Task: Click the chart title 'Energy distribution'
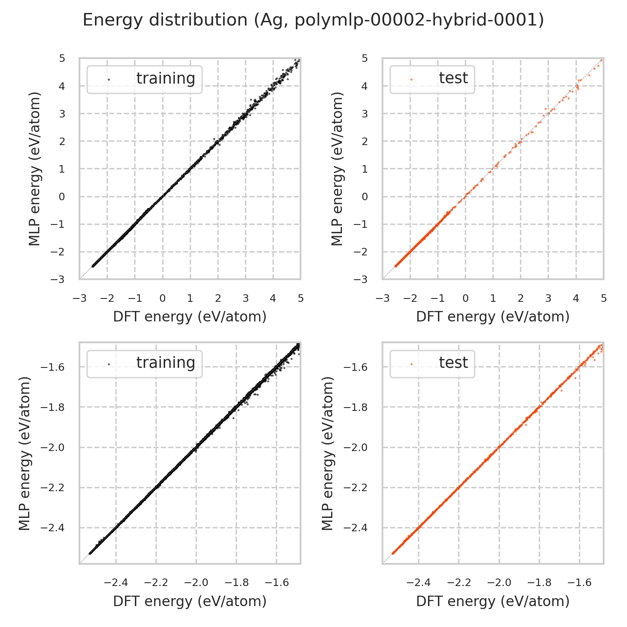click(313, 20)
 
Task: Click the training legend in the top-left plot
click(144, 79)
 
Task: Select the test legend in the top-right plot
click(432, 79)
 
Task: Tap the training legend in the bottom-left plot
click(144, 363)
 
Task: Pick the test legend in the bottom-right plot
click(432, 363)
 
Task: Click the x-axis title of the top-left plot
click(190, 317)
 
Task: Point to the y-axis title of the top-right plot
click(337, 168)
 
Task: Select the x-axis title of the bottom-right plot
click(493, 601)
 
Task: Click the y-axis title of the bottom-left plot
click(25, 453)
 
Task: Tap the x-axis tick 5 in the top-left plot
click(301, 298)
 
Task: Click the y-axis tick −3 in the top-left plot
click(61, 279)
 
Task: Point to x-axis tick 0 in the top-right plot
click(465, 298)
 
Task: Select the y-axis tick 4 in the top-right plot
click(365, 86)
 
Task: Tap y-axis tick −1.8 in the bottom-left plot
click(54, 407)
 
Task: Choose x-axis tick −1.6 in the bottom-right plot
click(579, 583)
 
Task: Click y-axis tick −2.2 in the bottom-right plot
click(357, 487)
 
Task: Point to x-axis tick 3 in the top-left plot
click(245, 298)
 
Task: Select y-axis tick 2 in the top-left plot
click(62, 141)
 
